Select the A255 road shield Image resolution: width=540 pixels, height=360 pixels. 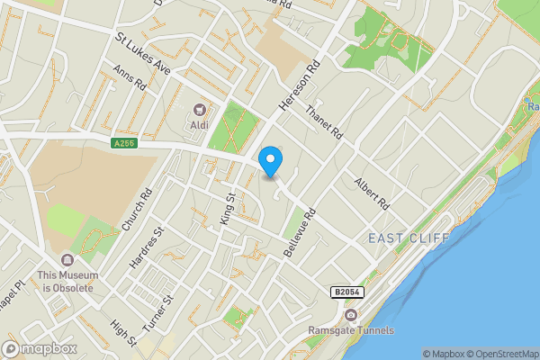[x=125, y=144]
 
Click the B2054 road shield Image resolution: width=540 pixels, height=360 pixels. [x=346, y=292]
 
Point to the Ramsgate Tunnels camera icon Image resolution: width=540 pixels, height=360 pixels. [x=350, y=314]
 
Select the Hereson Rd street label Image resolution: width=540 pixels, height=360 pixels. [x=299, y=86]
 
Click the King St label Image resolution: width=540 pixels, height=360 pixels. [x=227, y=208]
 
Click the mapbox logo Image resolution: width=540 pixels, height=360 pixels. [x=40, y=348]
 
